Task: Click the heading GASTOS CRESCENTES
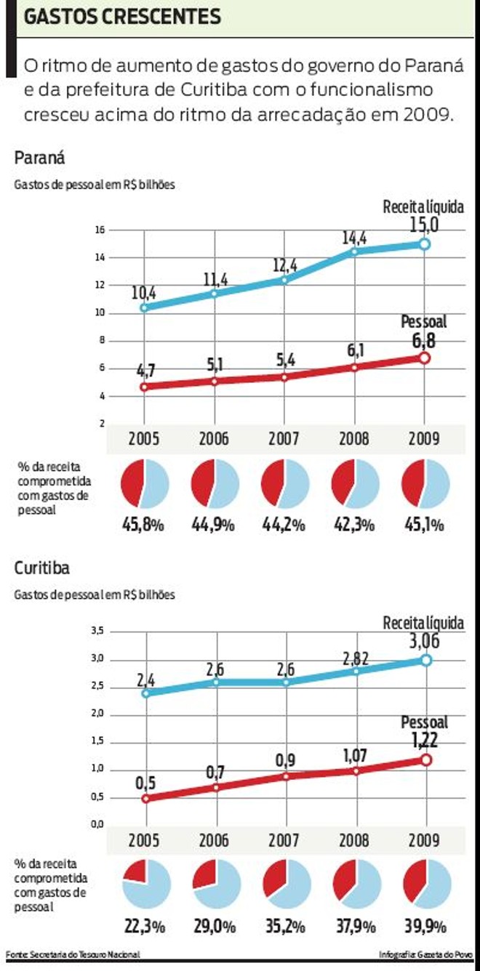click(122, 17)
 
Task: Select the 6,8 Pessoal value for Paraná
click(425, 339)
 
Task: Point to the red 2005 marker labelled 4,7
click(144, 387)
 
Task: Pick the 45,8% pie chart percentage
click(144, 524)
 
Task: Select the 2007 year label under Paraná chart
click(284, 440)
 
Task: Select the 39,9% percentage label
click(425, 927)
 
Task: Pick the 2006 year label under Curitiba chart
click(214, 841)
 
